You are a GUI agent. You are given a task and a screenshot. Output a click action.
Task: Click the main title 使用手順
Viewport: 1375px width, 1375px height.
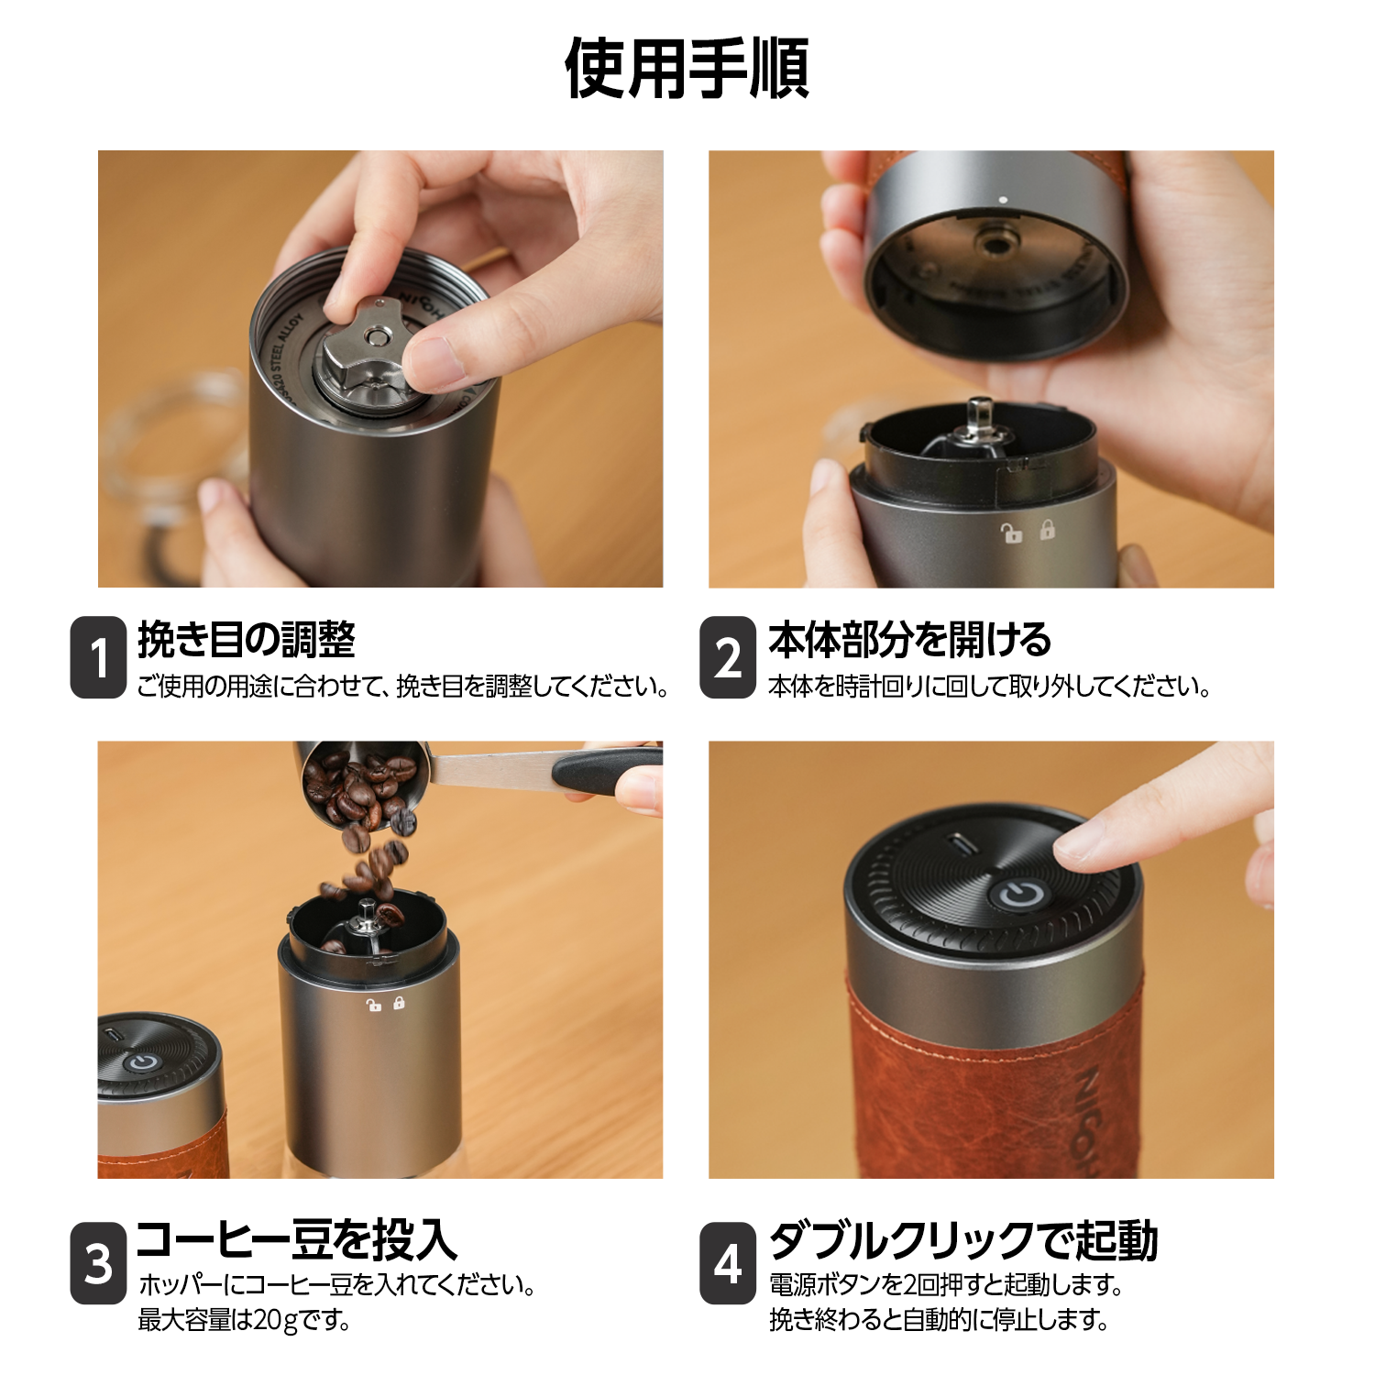pyautogui.click(x=687, y=68)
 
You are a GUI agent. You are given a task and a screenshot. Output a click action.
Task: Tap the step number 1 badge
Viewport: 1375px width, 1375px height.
pyautogui.click(x=98, y=657)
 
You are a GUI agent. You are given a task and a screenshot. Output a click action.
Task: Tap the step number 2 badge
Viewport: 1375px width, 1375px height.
pyautogui.click(x=727, y=657)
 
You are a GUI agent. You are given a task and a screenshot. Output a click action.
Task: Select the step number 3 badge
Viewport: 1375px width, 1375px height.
pyautogui.click(x=98, y=1262)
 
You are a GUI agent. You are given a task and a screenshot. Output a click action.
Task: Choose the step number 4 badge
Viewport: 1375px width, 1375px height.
pyautogui.click(x=727, y=1262)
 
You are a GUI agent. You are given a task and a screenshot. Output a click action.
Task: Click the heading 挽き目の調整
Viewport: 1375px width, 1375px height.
pyautogui.click(x=246, y=639)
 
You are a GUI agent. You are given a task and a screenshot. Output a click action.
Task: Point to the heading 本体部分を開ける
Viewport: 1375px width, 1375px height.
pyautogui.click(x=909, y=639)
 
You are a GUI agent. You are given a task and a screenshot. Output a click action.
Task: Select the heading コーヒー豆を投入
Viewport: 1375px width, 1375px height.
pyautogui.click(x=296, y=1239)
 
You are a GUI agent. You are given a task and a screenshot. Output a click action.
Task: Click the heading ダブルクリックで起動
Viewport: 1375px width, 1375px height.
pyautogui.click(x=963, y=1239)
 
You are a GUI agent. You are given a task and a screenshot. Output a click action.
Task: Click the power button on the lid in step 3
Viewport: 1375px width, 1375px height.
pyautogui.click(x=140, y=1063)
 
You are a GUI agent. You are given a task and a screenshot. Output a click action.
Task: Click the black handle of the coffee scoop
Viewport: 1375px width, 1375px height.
pyautogui.click(x=606, y=771)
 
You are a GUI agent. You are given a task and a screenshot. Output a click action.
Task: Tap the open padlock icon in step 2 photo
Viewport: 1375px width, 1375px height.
pyautogui.click(x=1011, y=533)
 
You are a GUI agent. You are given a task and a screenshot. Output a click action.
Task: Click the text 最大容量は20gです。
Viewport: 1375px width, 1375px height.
pyautogui.click(x=244, y=1320)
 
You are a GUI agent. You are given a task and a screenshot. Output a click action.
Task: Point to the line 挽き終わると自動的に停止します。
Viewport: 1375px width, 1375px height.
pyautogui.click(x=939, y=1320)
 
